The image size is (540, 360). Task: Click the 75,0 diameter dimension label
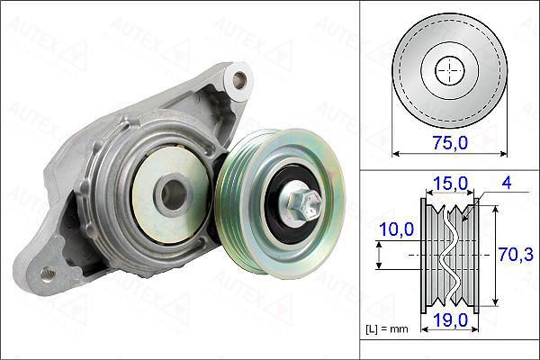451,142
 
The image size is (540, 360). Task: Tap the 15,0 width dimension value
451,184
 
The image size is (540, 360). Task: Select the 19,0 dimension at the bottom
451,320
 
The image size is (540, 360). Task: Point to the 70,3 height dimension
516,255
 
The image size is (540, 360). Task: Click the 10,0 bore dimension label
396,229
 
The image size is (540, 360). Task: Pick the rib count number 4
507,183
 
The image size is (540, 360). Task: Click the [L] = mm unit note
386,329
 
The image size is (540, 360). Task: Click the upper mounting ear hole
239,80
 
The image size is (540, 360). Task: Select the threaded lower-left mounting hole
47,274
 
